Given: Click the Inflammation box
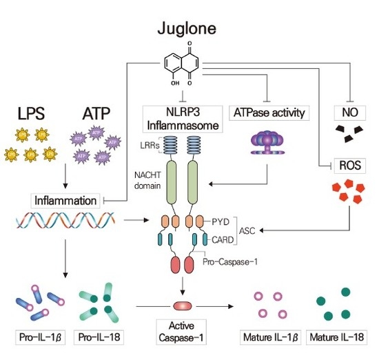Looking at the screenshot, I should coord(66,200).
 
